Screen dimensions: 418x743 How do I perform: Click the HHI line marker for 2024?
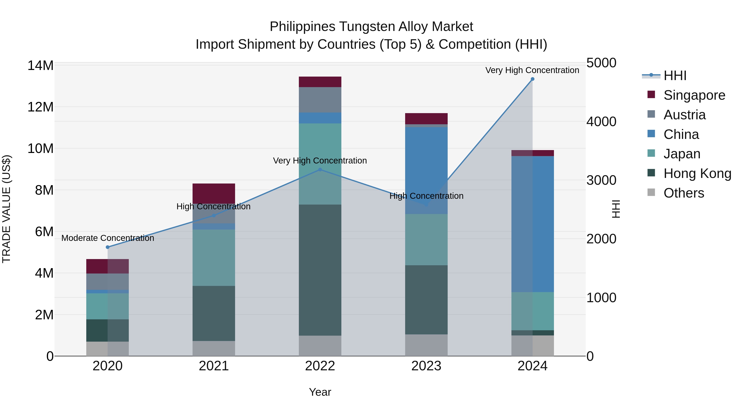tap(532, 79)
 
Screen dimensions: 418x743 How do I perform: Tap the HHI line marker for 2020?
tap(108, 247)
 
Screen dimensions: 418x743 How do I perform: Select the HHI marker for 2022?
tap(320, 170)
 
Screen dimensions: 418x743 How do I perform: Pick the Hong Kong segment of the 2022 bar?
tap(320, 270)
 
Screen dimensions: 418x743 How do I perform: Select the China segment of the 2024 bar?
tap(532, 224)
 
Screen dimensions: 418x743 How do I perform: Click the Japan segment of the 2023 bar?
tap(426, 239)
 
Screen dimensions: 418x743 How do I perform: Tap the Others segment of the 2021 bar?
tap(214, 348)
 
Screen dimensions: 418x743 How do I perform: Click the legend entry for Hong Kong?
tap(697, 173)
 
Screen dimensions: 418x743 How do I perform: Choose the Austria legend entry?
tap(684, 115)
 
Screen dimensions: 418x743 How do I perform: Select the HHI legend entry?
tap(675, 76)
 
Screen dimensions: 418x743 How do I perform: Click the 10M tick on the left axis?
tap(40, 149)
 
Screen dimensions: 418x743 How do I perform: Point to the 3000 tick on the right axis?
tap(601, 180)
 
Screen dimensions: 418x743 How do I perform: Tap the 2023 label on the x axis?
tap(426, 366)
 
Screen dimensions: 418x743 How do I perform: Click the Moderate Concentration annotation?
tap(108, 238)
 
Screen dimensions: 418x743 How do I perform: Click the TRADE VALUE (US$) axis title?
tap(6, 209)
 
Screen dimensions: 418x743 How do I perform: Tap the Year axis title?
tap(320, 392)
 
